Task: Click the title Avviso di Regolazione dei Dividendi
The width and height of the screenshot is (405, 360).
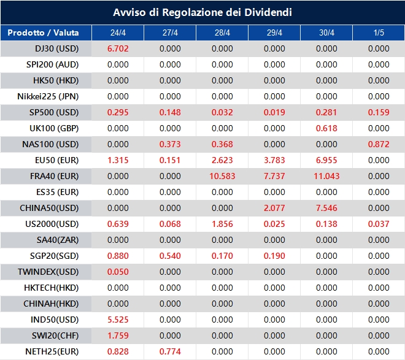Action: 202,12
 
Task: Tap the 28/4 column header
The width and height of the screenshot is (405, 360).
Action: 222,33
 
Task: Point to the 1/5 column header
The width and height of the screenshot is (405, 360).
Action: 379,33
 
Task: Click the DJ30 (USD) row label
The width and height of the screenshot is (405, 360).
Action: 56,48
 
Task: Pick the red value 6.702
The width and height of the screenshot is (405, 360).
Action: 118,48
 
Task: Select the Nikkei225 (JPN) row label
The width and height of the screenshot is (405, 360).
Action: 56,96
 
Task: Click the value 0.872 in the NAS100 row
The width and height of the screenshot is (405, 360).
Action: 379,144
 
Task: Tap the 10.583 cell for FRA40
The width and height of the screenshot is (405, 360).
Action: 222,176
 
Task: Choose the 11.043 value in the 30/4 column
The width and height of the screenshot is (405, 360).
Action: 326,176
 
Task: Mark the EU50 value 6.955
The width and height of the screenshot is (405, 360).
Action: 326,160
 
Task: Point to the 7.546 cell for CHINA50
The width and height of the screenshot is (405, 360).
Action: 326,208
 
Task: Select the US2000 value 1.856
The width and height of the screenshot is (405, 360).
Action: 222,224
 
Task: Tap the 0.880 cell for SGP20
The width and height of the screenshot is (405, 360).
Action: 118,256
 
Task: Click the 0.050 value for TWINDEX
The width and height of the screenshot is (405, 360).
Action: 118,272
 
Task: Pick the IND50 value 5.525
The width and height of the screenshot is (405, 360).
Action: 118,320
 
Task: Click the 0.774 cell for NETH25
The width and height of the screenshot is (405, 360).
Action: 170,351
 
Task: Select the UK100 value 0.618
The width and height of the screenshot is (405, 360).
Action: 326,128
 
